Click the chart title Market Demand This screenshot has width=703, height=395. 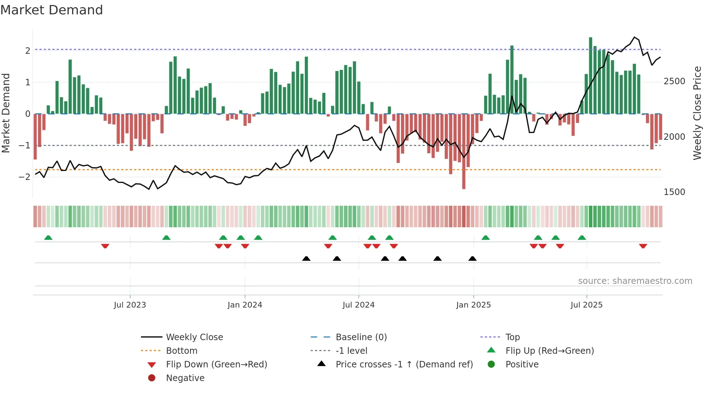click(52, 10)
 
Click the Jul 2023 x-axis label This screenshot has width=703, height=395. click(130, 305)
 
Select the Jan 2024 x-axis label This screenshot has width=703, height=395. click(245, 305)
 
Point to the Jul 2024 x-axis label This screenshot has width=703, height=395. click(358, 305)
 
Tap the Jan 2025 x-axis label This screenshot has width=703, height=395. click(473, 305)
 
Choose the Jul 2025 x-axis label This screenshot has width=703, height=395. click(586, 305)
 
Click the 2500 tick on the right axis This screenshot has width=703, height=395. click(674, 81)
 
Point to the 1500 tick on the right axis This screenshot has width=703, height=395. click(674, 192)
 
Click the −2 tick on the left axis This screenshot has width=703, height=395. click(24, 177)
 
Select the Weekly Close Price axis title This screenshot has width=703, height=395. click(697, 113)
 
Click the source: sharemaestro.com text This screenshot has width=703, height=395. click(635, 281)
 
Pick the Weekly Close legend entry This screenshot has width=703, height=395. click(194, 337)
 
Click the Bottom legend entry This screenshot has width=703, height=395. click(181, 351)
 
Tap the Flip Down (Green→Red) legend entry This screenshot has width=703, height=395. click(216, 365)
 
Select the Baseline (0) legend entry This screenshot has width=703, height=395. click(361, 337)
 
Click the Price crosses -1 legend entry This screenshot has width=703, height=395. click(404, 365)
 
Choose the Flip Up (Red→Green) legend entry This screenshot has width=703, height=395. click(549, 351)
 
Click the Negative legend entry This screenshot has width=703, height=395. click(185, 378)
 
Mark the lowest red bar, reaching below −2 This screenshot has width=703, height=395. click(464, 172)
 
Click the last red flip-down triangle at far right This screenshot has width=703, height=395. click(643, 246)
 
